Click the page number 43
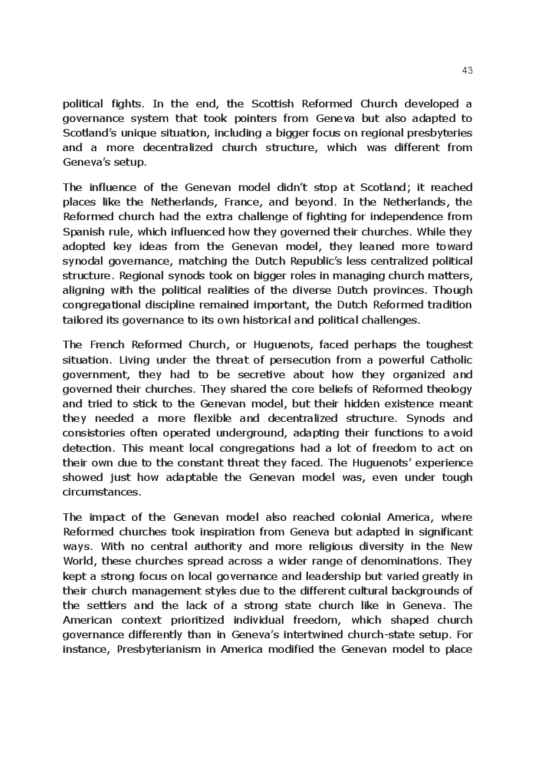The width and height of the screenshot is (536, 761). [x=467, y=71]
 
